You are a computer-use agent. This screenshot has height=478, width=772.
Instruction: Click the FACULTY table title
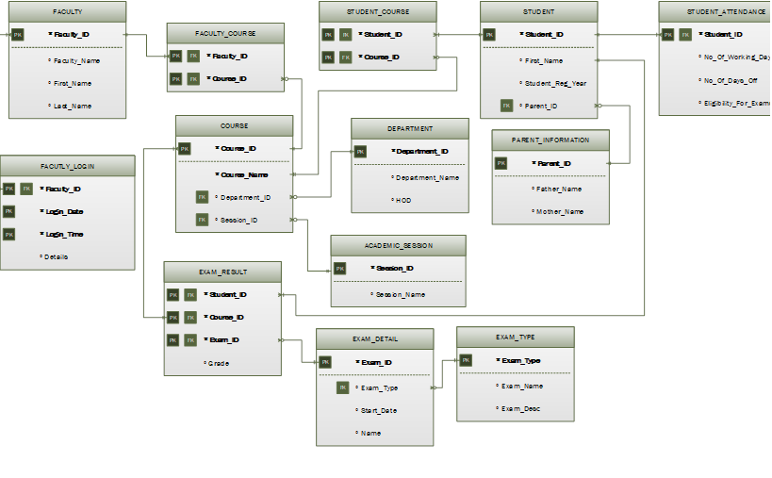[x=67, y=12]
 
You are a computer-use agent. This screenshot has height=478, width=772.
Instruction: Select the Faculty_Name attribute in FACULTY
[x=77, y=60]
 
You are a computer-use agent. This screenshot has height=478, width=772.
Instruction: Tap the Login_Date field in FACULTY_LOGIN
[x=64, y=211]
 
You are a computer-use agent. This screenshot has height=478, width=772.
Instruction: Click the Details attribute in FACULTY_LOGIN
[x=57, y=256]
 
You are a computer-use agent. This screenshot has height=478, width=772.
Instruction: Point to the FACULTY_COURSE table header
[x=225, y=33]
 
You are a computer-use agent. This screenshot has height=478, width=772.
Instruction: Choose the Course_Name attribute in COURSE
[x=244, y=174]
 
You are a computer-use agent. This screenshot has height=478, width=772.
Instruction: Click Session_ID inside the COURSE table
[x=239, y=221]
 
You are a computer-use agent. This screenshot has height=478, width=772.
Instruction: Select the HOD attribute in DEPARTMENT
[x=404, y=200]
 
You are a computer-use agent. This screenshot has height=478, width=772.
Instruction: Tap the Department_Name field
[x=427, y=177]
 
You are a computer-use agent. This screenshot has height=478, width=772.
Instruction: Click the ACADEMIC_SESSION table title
[x=398, y=245]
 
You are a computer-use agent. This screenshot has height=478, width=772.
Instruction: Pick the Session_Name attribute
[x=401, y=294]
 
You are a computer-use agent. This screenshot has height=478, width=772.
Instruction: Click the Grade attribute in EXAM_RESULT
[x=219, y=363]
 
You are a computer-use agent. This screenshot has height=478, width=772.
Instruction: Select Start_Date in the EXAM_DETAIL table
[x=379, y=410]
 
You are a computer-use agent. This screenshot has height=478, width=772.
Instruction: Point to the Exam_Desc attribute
[x=520, y=408]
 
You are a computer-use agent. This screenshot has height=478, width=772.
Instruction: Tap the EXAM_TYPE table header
[x=515, y=337]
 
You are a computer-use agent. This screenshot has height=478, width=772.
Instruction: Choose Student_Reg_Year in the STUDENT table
[x=556, y=83]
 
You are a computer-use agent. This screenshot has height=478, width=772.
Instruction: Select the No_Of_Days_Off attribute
[x=731, y=80]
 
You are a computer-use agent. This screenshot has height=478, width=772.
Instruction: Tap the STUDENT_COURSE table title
[x=377, y=12]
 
